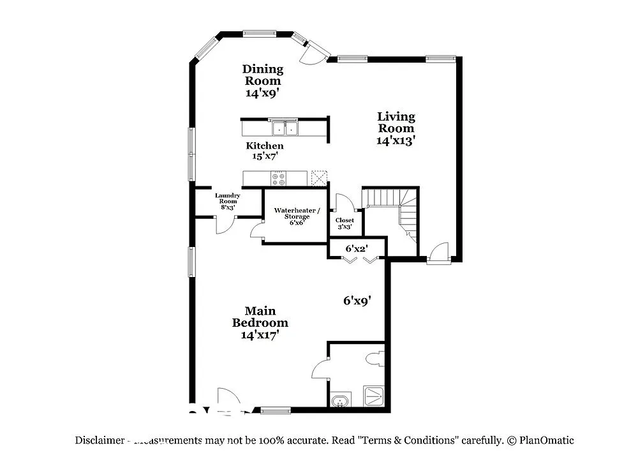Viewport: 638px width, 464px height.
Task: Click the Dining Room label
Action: (263, 80)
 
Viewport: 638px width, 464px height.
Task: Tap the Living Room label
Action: (396, 128)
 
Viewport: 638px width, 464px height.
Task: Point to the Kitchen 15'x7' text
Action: (265, 151)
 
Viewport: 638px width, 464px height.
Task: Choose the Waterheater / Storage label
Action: (293, 216)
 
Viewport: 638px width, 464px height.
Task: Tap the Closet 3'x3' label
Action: (345, 223)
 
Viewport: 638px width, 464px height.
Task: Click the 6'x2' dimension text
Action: (357, 248)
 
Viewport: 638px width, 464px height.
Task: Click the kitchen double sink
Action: (285, 128)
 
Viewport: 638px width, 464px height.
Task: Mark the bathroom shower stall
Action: (373, 396)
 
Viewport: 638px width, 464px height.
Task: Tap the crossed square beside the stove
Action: (319, 177)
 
